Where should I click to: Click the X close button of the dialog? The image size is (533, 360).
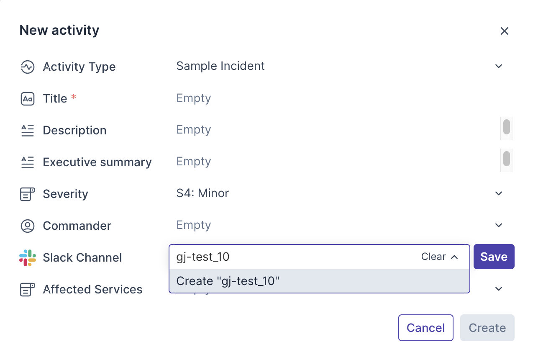tap(504, 31)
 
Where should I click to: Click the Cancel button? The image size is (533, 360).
tap(425, 328)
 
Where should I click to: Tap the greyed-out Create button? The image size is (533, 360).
tap(487, 328)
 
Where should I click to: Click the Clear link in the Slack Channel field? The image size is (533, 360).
tap(433, 257)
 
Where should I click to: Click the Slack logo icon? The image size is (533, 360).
tap(28, 257)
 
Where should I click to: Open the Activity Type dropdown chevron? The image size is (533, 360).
tap(498, 66)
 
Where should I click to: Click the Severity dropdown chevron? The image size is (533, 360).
tap(498, 193)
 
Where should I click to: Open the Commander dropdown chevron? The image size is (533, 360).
tap(498, 225)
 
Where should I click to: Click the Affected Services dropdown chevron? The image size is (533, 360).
tap(498, 289)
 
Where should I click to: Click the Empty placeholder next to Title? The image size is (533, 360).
tap(194, 98)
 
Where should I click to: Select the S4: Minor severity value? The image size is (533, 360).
tap(202, 193)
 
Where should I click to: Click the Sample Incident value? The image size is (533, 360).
tap(220, 66)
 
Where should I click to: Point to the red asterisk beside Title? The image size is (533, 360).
tap(74, 97)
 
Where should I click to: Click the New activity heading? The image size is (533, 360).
tap(59, 30)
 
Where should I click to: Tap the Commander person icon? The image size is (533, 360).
tap(28, 226)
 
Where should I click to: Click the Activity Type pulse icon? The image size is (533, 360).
tap(28, 67)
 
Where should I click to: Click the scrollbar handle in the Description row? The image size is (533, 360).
tap(506, 127)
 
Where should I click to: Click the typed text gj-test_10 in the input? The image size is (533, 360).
tap(203, 257)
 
